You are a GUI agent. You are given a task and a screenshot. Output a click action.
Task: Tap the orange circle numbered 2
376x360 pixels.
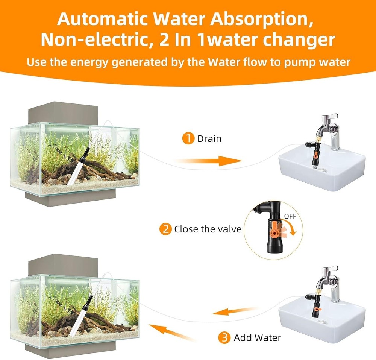[x=165, y=229]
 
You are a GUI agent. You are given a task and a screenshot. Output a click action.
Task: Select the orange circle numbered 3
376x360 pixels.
[x=225, y=337]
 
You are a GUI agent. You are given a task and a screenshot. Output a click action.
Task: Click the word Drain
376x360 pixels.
[x=209, y=139]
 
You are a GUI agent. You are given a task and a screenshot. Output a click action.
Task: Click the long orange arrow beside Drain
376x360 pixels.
[x=209, y=161]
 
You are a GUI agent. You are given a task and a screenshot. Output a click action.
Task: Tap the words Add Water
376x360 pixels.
[x=257, y=337]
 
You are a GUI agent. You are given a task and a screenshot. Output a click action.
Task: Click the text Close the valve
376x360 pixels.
[x=208, y=229]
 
